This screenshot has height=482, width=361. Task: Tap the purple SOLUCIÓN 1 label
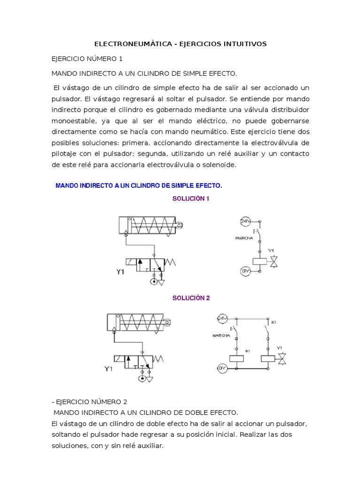tap(190, 199)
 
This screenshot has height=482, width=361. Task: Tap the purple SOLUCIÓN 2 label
tap(191, 298)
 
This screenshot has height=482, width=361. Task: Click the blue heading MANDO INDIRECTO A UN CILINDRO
tap(139, 185)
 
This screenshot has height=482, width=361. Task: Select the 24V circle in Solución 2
tap(222, 319)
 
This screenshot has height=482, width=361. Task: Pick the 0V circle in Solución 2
tap(222, 369)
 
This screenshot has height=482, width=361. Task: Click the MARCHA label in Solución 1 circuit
tap(244, 238)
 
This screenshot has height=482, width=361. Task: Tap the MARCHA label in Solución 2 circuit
tap(221, 336)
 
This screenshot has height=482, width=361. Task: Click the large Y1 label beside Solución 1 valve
tap(121, 272)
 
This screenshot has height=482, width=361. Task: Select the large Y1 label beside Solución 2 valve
tap(109, 369)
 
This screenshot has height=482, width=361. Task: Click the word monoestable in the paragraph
tap(70, 120)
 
